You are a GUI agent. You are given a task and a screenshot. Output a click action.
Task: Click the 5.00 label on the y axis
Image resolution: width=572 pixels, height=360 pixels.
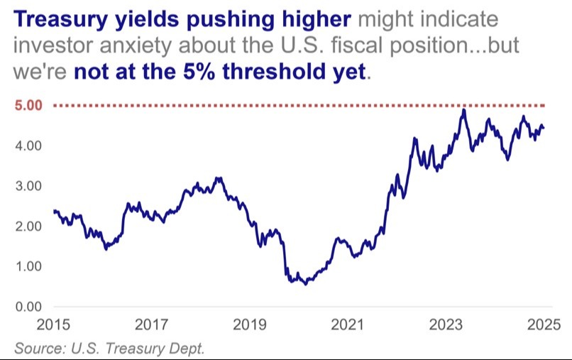[28, 106]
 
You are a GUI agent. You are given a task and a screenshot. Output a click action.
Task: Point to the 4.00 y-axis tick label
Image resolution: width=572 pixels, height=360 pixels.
[28, 146]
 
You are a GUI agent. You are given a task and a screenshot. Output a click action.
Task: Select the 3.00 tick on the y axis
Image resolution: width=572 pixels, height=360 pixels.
[28, 186]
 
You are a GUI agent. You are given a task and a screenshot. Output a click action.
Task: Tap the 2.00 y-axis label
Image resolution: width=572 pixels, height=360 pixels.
[28, 227]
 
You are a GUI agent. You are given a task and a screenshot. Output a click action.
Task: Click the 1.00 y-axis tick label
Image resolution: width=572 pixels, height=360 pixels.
[28, 266]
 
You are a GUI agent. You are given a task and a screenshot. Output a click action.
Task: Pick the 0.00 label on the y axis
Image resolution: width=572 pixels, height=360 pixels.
[28, 307]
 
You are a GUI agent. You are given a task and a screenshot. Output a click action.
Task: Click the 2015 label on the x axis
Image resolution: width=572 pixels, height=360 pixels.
[53, 327]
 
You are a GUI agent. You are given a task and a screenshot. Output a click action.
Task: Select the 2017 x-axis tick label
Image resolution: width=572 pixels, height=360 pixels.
[151, 327]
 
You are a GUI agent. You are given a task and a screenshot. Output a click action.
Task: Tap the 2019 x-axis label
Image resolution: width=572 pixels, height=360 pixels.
[249, 327]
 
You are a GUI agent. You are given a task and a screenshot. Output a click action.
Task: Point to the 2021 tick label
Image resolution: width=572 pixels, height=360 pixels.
[348, 327]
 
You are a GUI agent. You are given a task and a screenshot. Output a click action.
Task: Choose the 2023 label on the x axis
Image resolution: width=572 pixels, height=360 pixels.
[446, 327]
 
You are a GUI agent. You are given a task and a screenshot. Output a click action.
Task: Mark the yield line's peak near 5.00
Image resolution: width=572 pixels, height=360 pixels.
[463, 109]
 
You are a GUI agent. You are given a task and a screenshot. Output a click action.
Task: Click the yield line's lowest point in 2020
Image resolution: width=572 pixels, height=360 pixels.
[306, 284]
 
